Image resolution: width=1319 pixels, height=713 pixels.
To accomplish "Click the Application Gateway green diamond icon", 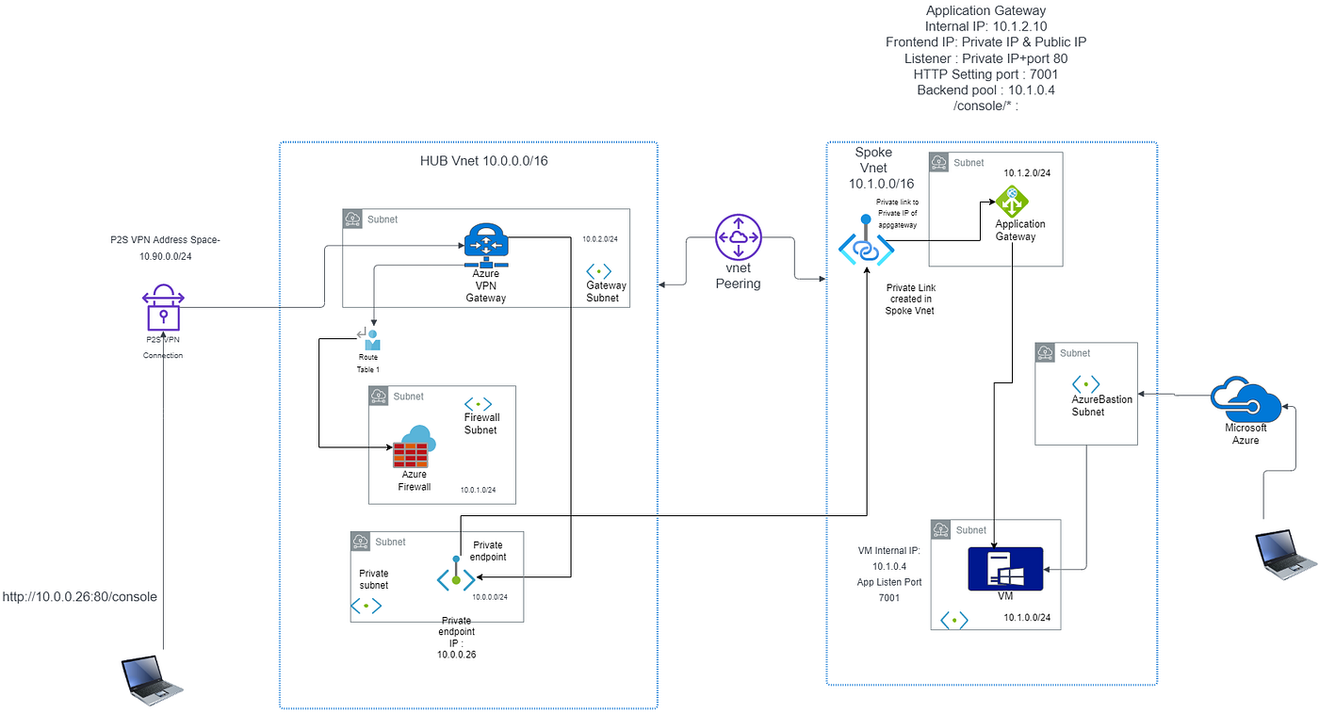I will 1013,200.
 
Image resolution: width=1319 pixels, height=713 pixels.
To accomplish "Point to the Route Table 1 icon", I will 368,340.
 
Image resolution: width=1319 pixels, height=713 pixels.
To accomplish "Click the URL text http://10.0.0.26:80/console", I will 80,597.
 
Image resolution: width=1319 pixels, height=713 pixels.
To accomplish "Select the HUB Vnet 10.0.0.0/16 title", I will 483,161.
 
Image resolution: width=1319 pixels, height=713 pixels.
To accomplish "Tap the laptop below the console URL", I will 152,682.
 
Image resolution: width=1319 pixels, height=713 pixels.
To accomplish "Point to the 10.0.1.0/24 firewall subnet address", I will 478,491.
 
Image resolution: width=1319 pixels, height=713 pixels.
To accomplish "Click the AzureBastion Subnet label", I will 1101,406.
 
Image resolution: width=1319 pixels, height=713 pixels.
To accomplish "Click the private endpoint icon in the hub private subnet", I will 455,575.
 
